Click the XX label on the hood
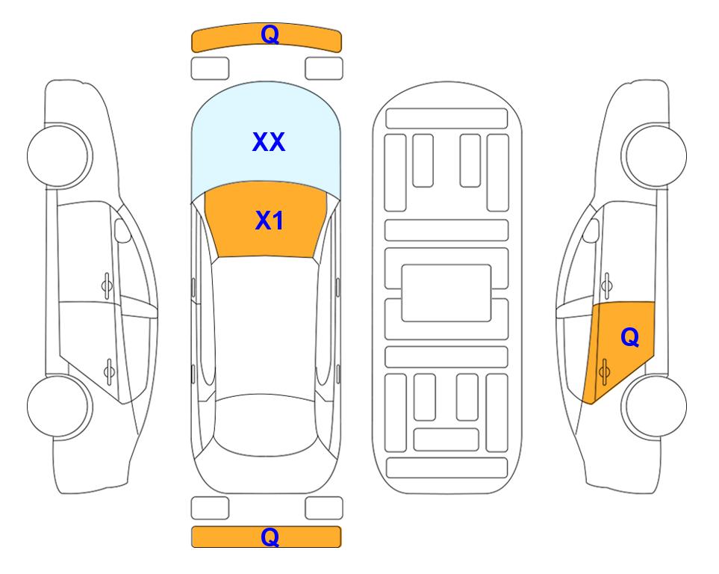pyautogui.click(x=269, y=142)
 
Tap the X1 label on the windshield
pyautogui.click(x=270, y=220)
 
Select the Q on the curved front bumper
pyautogui.click(x=270, y=34)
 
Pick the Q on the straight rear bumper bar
pyautogui.click(x=270, y=537)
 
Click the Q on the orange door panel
pyautogui.click(x=629, y=338)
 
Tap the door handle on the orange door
pyautogui.click(x=604, y=371)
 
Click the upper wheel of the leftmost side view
pyautogui.click(x=59, y=155)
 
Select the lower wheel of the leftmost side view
pyautogui.click(x=59, y=406)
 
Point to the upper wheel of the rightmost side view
pyautogui.click(x=655, y=155)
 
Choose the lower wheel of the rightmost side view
pyautogui.click(x=655, y=406)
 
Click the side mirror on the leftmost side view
pyautogui.click(x=122, y=230)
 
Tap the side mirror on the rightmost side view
pyautogui.click(x=591, y=230)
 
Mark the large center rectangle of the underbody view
pyautogui.click(x=446, y=293)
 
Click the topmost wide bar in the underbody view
pyautogui.click(x=446, y=119)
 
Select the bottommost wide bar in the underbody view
pyautogui.click(x=446, y=467)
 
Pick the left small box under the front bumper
pyautogui.click(x=210, y=69)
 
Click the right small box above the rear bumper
pyautogui.click(x=324, y=508)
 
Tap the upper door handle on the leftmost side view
pyautogui.click(x=107, y=286)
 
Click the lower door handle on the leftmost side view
pyautogui.click(x=109, y=371)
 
